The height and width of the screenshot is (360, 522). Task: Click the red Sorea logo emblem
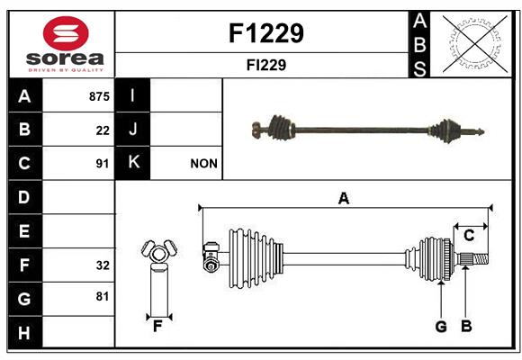click(x=66, y=33)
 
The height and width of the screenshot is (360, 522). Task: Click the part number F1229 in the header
click(x=266, y=33)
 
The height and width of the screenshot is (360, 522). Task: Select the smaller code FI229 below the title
click(x=266, y=65)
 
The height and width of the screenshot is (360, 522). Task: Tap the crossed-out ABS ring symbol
click(x=475, y=43)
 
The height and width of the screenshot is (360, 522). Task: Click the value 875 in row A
click(x=99, y=96)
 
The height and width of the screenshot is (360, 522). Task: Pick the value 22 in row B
click(x=103, y=130)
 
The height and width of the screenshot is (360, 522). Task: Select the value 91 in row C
click(x=103, y=164)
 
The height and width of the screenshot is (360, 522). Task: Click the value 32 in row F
click(x=103, y=265)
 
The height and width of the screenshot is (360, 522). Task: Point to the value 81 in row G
click(x=103, y=296)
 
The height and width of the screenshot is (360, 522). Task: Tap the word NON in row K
click(x=203, y=164)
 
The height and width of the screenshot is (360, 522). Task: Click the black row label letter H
click(x=24, y=333)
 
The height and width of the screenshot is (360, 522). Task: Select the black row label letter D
click(x=24, y=197)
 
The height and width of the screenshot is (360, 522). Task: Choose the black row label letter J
click(x=132, y=129)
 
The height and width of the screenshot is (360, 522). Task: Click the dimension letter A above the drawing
click(x=344, y=199)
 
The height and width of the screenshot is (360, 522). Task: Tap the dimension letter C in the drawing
click(x=469, y=236)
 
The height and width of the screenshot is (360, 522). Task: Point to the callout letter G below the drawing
click(x=441, y=327)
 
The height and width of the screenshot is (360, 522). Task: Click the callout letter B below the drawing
click(x=466, y=326)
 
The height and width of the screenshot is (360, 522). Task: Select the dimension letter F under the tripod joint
click(x=157, y=327)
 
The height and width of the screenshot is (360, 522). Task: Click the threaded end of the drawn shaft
click(x=481, y=259)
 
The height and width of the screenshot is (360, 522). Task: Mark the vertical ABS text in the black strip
click(x=419, y=45)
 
